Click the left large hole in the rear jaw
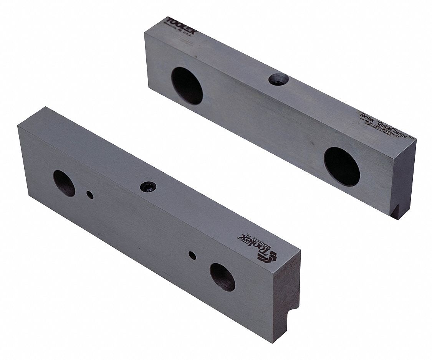pos(187,86)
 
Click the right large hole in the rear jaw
pos(342,166)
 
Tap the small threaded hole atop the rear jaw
pos(278,79)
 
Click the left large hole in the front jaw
pos(64,183)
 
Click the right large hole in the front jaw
pos(222,277)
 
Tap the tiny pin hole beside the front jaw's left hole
pos(89,195)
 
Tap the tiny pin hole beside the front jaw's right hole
pos(193,255)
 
